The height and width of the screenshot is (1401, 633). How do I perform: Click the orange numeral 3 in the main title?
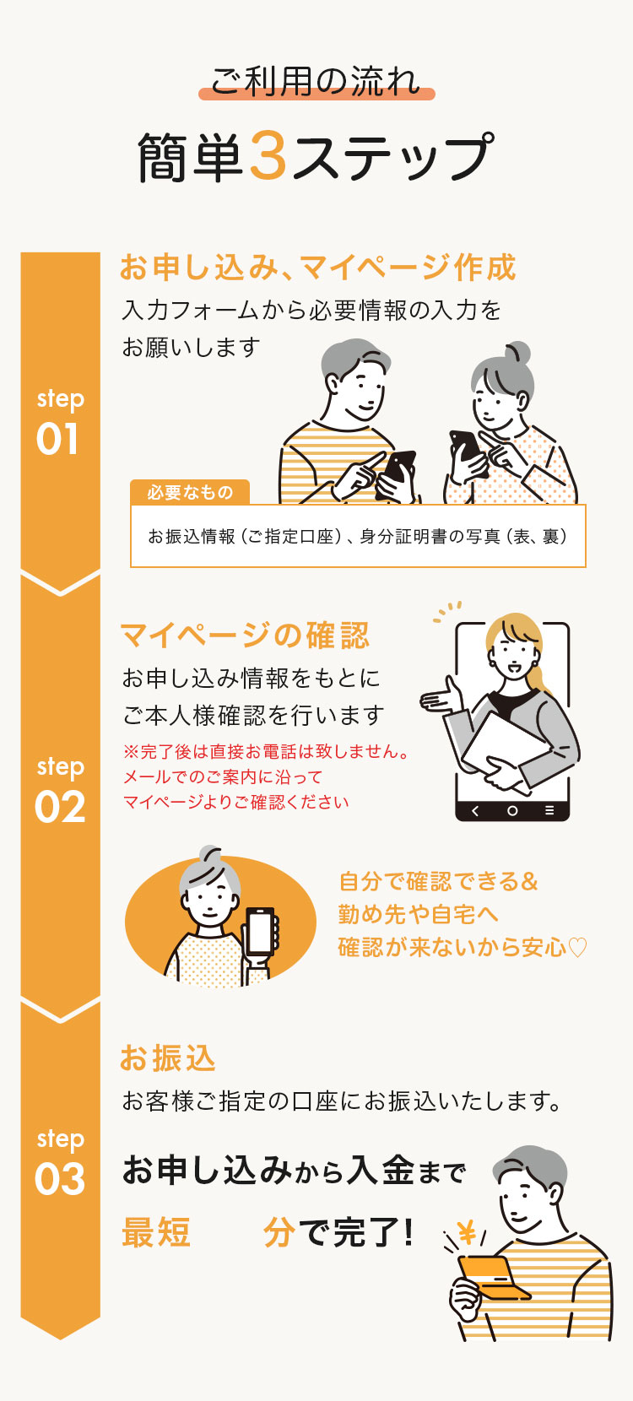point(268,155)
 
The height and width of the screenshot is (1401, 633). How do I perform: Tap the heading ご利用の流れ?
point(316,82)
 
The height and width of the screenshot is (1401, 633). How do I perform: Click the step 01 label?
point(59,423)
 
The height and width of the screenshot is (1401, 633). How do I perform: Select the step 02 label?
point(59,791)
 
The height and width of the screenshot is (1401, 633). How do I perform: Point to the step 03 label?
point(59,1162)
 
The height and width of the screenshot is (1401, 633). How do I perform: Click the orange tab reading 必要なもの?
point(190,492)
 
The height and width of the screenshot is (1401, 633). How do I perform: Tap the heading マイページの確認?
point(245,636)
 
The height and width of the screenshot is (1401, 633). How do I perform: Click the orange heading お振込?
point(168,1058)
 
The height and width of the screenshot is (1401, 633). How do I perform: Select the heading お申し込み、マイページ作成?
point(317,267)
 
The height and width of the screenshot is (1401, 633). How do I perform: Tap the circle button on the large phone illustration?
point(512,810)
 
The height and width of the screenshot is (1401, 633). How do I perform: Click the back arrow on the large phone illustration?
point(474,810)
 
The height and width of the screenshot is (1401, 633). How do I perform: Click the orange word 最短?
point(156,1232)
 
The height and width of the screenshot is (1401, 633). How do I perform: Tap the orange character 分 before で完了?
point(279,1232)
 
